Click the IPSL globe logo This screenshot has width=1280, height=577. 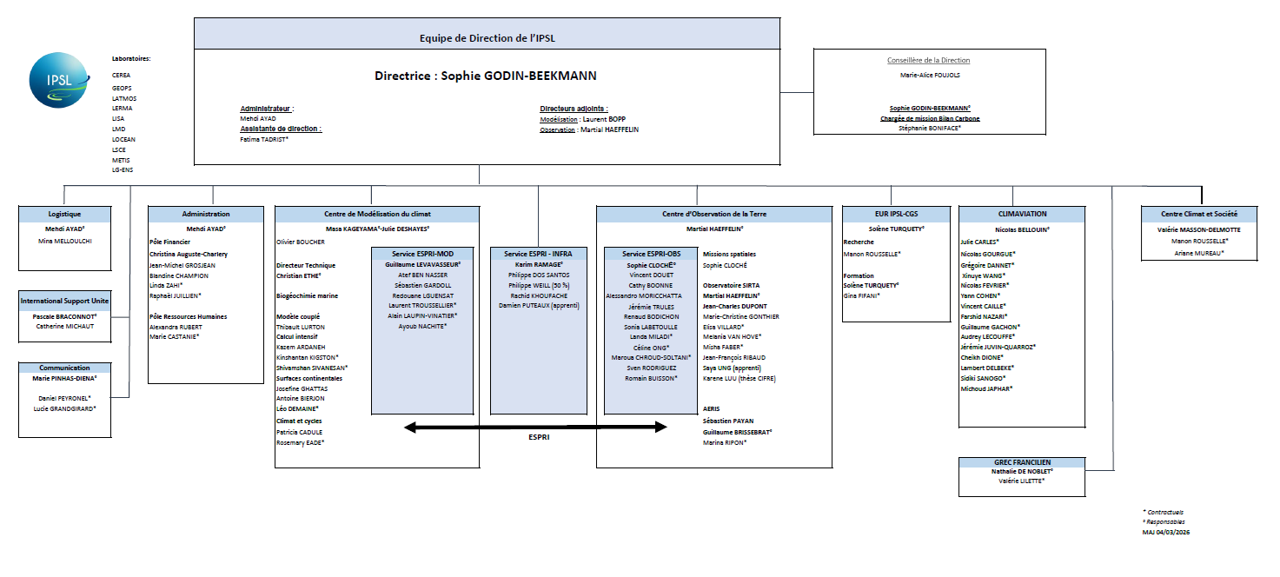point(57,80)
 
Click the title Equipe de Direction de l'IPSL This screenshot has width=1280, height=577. point(487,38)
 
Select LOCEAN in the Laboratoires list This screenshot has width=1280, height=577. point(123,139)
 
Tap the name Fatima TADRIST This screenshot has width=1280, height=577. point(264,139)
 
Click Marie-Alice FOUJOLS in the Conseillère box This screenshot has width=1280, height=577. point(929,75)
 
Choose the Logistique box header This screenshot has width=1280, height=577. point(65,214)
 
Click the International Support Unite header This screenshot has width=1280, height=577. point(65,301)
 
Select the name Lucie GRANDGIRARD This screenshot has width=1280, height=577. point(64,408)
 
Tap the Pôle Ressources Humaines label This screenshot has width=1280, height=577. point(188,316)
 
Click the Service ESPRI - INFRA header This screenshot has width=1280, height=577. point(537,254)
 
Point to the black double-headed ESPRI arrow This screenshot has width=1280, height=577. point(536,427)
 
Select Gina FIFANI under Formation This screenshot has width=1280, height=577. point(862,295)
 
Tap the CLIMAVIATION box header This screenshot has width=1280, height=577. point(1022,214)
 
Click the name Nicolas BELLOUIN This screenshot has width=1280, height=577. point(1022,229)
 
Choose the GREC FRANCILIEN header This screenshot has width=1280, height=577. point(1022,462)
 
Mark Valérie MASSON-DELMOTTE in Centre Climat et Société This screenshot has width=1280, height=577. point(1198,229)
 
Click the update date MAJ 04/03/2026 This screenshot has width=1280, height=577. point(1165,532)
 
